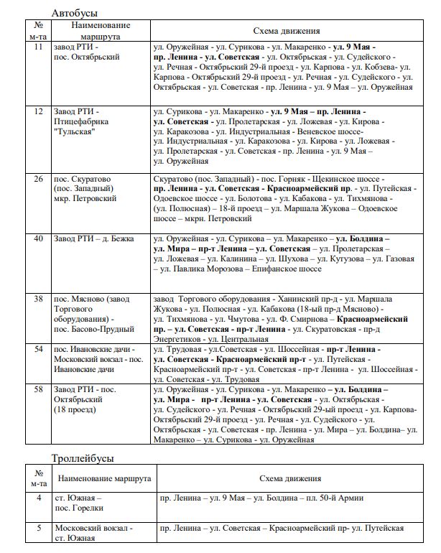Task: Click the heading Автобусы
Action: (75, 13)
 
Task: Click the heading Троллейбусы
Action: (83, 457)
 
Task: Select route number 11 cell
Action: (39, 47)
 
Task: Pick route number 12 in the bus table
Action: (39, 111)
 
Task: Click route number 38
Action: (39, 298)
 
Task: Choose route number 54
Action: (39, 348)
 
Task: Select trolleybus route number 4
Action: (39, 496)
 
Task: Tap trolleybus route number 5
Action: (39, 528)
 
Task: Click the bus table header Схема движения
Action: (282, 31)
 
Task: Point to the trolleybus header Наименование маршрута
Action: (104, 478)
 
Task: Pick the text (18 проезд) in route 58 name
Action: (78, 409)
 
